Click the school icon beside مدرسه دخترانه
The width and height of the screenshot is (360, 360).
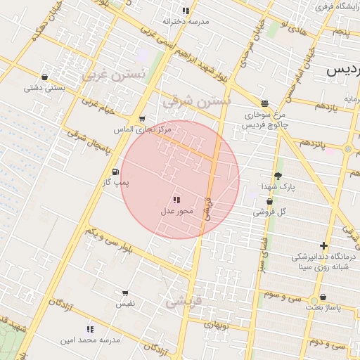[x=186, y=11]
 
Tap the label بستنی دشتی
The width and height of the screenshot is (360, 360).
[x=44, y=88]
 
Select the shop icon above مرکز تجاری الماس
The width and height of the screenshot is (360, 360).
[x=143, y=119]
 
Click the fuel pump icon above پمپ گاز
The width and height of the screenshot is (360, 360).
[x=115, y=172]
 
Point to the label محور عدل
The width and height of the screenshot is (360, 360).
[x=176, y=210]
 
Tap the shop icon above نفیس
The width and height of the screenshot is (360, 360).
[x=125, y=293]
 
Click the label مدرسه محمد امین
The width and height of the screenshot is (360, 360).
[x=90, y=340]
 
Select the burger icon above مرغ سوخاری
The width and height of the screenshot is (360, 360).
[x=264, y=103]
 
